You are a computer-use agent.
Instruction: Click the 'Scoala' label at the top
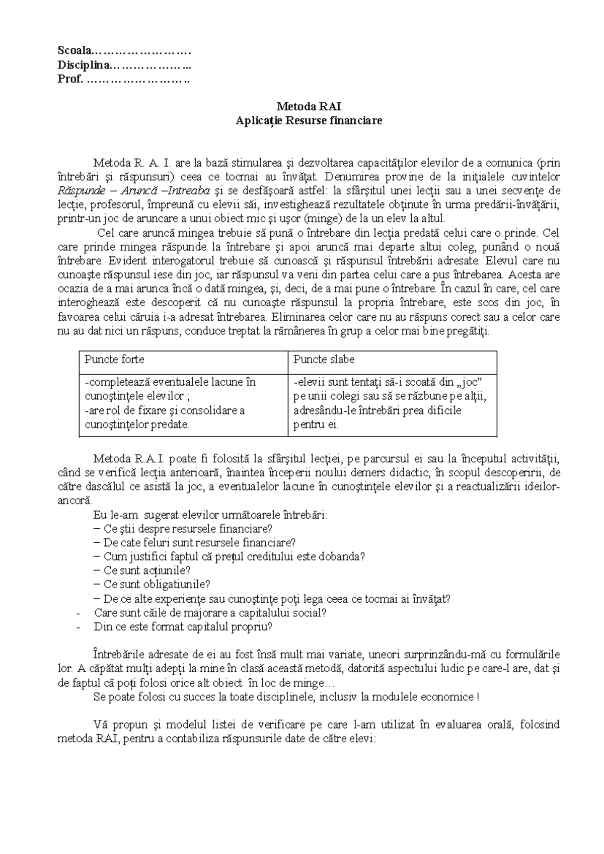click(74, 50)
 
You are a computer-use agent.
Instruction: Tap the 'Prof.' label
click(69, 79)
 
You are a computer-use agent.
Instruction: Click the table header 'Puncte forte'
click(114, 360)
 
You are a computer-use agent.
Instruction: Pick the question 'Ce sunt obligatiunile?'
click(156, 585)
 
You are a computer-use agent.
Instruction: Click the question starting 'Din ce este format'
click(183, 627)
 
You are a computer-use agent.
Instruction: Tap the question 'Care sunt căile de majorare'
click(210, 613)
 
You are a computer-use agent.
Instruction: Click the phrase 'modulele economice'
click(429, 697)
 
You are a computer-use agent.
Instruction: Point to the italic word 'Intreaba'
click(187, 191)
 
